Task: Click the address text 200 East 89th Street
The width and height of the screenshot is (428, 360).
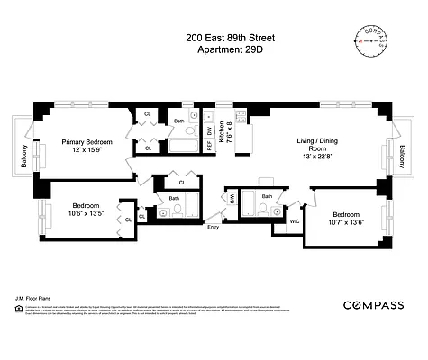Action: coord(214,39)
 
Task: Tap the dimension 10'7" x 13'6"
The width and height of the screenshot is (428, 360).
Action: coord(349,222)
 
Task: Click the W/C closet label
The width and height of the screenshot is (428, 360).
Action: coord(294,220)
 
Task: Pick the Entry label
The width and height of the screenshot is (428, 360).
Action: coord(213,226)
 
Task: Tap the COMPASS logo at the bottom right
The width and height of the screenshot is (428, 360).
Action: coord(372,305)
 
